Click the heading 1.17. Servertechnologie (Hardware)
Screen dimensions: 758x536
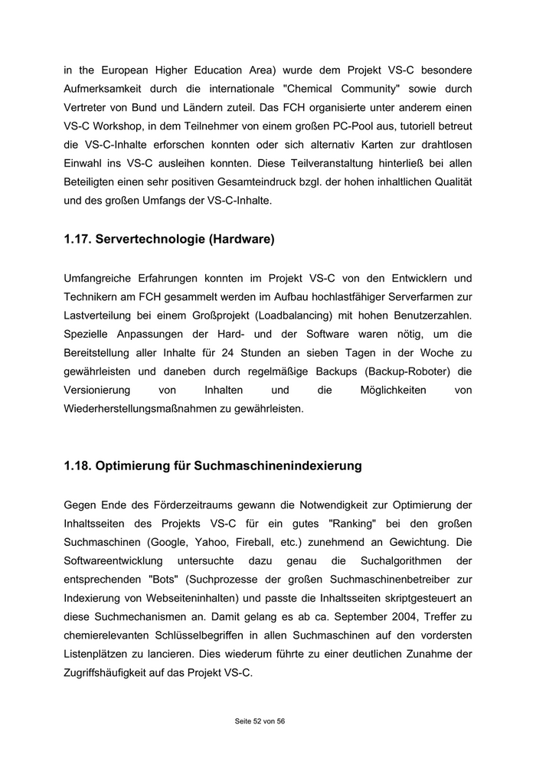point(169,240)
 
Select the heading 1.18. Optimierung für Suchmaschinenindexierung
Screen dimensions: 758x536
point(213,466)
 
